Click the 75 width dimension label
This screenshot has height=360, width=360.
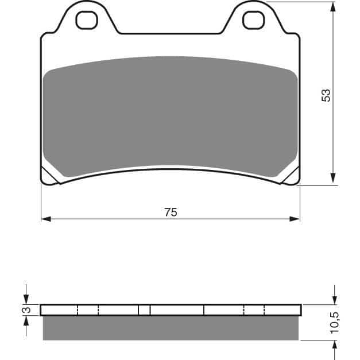pos(171,212)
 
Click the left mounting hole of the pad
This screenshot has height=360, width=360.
pos(87,21)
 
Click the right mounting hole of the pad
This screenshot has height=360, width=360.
pos(253,21)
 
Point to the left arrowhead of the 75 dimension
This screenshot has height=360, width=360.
pos(46,219)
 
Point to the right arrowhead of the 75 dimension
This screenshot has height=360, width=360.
pos(295,219)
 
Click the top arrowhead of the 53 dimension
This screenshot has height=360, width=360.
pos(333,7)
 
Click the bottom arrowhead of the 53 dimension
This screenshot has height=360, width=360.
pos(333,180)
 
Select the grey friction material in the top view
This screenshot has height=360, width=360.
pos(171,115)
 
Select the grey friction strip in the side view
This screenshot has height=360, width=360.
pos(171,328)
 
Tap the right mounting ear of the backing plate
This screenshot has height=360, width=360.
pos(253,17)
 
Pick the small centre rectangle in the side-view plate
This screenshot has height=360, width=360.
pos(144,311)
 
